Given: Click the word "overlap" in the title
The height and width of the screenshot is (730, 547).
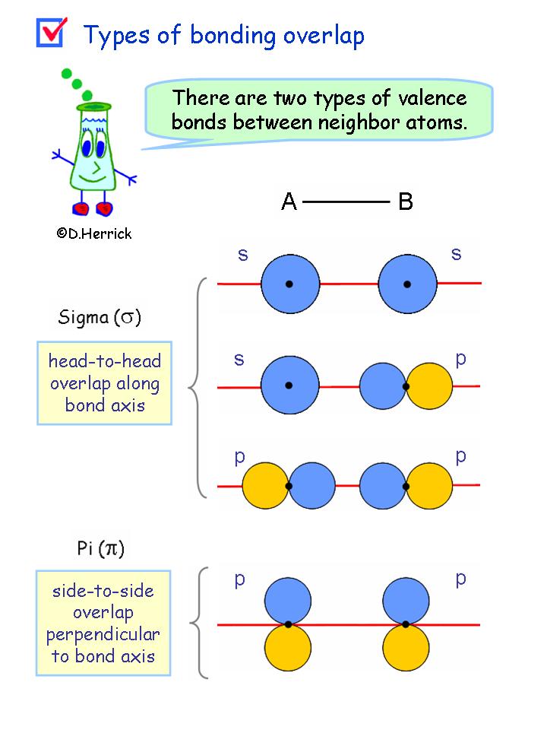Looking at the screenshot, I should click(320, 35).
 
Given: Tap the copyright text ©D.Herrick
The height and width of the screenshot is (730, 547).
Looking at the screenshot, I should click(93, 234).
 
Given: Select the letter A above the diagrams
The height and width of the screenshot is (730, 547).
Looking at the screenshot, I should click(289, 202).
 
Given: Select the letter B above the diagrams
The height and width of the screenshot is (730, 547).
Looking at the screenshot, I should click(406, 202).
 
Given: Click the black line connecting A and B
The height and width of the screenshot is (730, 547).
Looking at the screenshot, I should click(346, 202).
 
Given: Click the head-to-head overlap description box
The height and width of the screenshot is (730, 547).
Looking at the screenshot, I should click(105, 382).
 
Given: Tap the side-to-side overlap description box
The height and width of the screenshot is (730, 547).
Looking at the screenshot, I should click(103, 624).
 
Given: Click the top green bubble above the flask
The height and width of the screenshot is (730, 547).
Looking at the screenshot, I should click(66, 74).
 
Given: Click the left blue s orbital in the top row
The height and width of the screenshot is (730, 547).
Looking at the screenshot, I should click(289, 284).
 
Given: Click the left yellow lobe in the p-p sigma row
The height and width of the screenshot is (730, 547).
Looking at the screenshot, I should click(264, 485).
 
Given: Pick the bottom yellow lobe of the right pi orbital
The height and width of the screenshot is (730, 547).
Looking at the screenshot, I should click(406, 649).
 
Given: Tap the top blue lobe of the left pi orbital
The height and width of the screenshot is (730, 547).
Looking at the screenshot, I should click(289, 599).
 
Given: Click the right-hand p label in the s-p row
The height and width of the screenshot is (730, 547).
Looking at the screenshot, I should click(460, 359).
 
